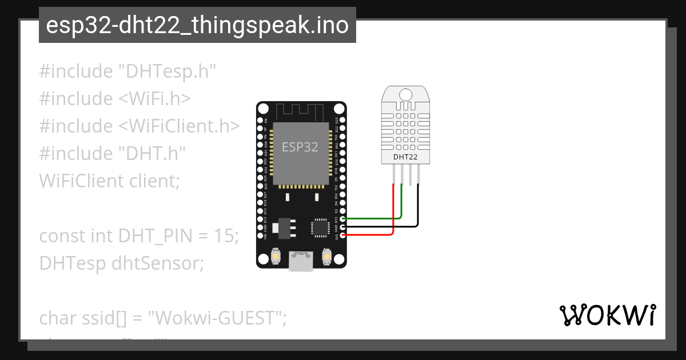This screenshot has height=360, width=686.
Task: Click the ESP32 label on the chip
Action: point(300,147)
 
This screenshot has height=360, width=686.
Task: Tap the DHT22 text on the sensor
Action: point(405,157)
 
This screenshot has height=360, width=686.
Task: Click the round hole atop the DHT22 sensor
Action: point(405,94)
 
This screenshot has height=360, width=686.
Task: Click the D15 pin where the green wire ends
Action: point(342,218)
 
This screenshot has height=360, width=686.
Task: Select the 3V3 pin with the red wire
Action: point(342,235)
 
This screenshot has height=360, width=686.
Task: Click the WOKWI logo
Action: point(607,315)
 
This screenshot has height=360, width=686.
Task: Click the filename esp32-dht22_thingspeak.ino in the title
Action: point(197,25)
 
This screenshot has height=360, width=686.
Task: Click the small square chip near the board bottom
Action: point(320,227)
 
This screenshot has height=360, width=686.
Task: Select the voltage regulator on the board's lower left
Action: point(282,227)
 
